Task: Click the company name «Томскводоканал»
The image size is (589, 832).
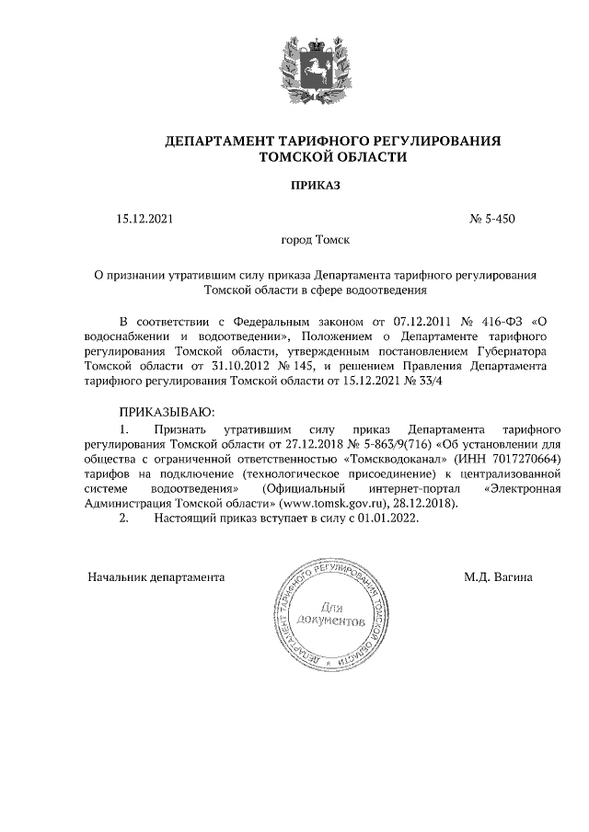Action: point(394,457)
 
